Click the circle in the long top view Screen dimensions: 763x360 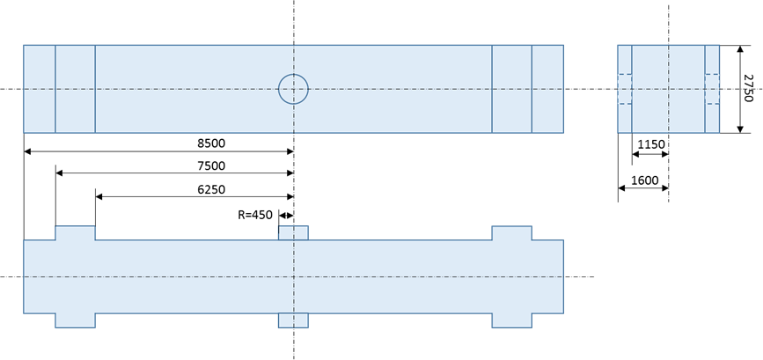click(293, 89)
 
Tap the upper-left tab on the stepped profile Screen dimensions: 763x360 click(75, 233)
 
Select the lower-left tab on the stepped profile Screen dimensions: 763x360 click(75, 320)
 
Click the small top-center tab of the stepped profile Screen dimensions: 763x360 click(293, 233)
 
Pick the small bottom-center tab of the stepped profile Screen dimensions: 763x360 click(293, 320)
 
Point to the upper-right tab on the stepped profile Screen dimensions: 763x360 click(511, 233)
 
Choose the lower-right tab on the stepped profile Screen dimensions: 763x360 click(511, 320)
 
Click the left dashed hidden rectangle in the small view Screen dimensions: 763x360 click(625, 89)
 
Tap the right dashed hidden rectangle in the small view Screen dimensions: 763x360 click(712, 89)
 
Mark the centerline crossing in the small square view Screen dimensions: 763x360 click(669, 89)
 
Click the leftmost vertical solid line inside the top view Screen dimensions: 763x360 click(55, 89)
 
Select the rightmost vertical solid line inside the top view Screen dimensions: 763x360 click(532, 89)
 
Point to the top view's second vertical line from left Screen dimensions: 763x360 click(95, 89)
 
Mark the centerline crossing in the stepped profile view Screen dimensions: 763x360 click(293, 276)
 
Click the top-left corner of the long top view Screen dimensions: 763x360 click(24, 45)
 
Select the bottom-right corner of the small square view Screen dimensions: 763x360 click(720, 133)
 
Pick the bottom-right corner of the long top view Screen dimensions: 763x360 click(563, 133)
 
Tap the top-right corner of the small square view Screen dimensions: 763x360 click(720, 45)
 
